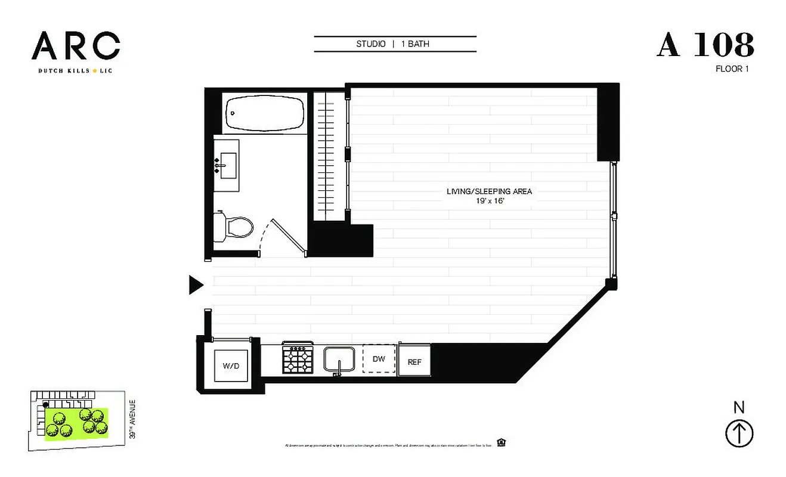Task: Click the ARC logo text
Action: [x=76, y=46]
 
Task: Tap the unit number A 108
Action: [x=705, y=45]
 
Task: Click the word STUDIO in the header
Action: [x=371, y=44]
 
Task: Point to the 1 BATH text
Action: [x=419, y=44]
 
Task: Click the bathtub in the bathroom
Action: [x=265, y=113]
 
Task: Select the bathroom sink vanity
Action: [x=227, y=165]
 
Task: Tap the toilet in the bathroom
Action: [x=234, y=227]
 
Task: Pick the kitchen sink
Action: [x=339, y=360]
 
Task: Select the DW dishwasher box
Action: [x=379, y=360]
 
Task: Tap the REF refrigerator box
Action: [x=414, y=361]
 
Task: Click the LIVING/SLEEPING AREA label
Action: [x=489, y=191]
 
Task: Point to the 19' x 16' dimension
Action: [x=489, y=202]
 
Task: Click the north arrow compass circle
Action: [x=739, y=433]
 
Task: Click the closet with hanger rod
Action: [x=330, y=155]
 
